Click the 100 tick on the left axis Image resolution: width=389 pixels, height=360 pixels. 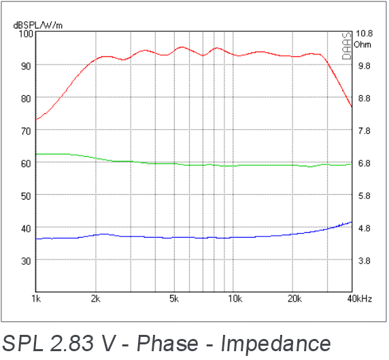(x=26, y=34)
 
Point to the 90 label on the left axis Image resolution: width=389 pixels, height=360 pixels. (x=26, y=66)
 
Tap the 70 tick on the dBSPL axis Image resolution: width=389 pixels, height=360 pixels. (x=26, y=131)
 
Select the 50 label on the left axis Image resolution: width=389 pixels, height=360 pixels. (x=26, y=196)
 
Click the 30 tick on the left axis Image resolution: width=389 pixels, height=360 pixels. (x=26, y=261)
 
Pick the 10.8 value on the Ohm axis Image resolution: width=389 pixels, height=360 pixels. (x=364, y=33)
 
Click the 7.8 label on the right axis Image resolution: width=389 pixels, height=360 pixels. (x=365, y=131)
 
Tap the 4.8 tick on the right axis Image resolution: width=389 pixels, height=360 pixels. (x=365, y=228)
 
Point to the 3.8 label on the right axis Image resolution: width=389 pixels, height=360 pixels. (x=365, y=261)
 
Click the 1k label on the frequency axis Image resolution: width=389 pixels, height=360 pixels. (x=36, y=299)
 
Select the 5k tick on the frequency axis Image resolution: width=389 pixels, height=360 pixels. (x=174, y=299)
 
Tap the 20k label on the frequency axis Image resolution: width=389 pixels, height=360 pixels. (x=294, y=299)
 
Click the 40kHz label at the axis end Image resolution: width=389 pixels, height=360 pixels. (x=360, y=299)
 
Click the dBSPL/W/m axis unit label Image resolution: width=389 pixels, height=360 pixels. (x=37, y=25)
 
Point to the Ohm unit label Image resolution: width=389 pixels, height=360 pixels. (x=362, y=45)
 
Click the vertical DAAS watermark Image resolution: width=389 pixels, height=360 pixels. (x=347, y=46)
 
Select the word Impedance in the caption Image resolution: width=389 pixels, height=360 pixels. (x=275, y=344)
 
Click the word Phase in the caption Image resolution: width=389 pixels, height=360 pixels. (x=167, y=343)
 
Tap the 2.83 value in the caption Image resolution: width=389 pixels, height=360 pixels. (x=72, y=343)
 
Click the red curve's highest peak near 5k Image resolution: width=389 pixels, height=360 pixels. (x=182, y=47)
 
